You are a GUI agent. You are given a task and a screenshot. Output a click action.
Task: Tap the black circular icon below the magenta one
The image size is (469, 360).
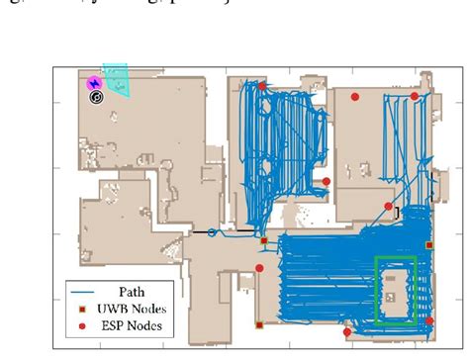point(96,98)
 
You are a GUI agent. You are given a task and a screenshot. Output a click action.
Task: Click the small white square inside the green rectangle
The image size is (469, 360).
point(393,295)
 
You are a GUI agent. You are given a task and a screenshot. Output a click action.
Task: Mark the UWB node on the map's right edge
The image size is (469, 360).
point(428,243)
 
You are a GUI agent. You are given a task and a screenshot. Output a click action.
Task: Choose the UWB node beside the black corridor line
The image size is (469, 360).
point(263,240)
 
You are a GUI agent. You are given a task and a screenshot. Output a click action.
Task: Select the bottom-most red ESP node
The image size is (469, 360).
point(347,332)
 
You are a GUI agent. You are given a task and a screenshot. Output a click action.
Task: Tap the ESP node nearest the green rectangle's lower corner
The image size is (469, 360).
point(428,323)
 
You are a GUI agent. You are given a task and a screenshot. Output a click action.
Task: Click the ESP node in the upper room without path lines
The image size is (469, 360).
point(353,97)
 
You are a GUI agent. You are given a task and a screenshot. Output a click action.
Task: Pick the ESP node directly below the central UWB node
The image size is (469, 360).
point(259,268)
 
